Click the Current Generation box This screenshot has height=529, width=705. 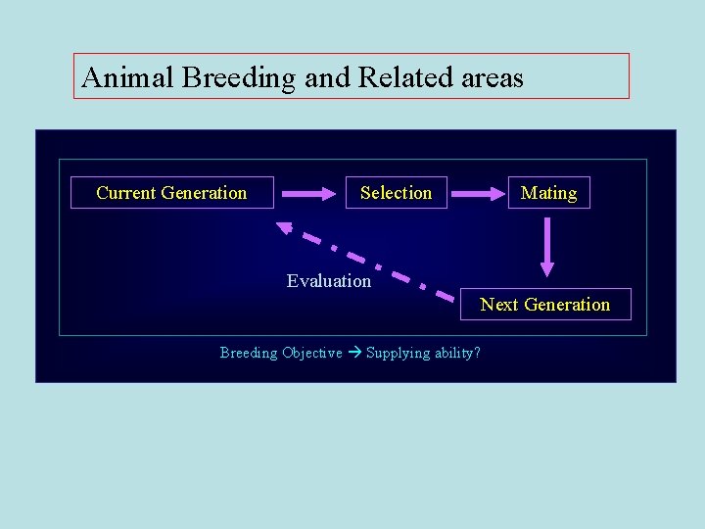171,193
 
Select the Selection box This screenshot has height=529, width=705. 396,193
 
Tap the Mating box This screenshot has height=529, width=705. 548,193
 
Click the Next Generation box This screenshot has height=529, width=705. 545,305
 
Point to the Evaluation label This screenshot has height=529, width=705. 329,281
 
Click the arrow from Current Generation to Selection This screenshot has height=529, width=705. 308,194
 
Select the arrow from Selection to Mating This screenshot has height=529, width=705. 477,194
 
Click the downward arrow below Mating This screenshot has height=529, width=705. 547,247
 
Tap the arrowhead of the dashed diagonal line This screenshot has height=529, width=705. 285,227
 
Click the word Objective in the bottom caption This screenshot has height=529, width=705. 312,353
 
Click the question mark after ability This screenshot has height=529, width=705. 477,353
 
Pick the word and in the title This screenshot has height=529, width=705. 327,77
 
